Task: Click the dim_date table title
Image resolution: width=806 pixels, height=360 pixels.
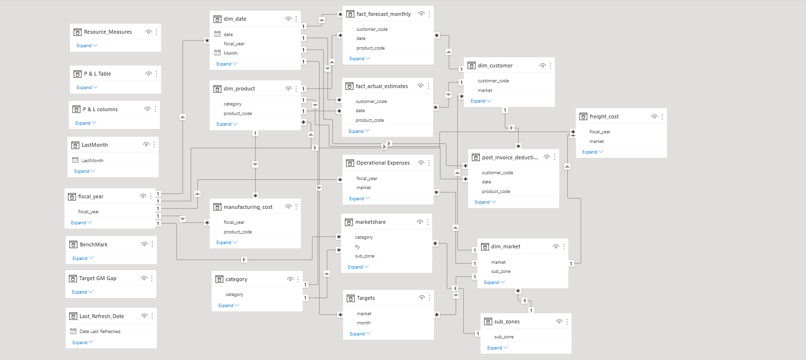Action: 235,19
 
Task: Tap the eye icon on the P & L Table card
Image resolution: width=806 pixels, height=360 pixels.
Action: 148,74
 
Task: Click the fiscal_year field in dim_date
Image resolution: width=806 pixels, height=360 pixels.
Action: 234,44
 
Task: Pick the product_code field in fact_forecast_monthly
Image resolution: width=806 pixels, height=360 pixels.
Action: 370,48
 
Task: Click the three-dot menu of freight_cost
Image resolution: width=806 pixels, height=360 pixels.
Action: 662,116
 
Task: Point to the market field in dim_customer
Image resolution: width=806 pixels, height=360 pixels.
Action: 485,90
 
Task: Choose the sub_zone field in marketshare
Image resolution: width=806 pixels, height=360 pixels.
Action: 364,256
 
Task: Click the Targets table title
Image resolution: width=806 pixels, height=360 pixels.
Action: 366,298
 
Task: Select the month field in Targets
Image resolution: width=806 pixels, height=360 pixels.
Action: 363,323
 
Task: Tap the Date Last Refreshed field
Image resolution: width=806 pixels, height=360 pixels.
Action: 100,332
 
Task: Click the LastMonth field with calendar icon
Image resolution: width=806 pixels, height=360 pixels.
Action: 92,161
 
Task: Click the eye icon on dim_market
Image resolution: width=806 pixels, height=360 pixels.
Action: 556,246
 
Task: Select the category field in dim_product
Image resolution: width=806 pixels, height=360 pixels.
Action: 232,104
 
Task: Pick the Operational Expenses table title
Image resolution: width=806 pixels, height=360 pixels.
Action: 383,163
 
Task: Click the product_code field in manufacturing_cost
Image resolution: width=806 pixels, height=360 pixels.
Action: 237,232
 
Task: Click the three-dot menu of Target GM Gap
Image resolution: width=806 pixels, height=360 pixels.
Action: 152,278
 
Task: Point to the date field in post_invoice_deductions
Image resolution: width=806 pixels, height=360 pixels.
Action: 486,182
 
